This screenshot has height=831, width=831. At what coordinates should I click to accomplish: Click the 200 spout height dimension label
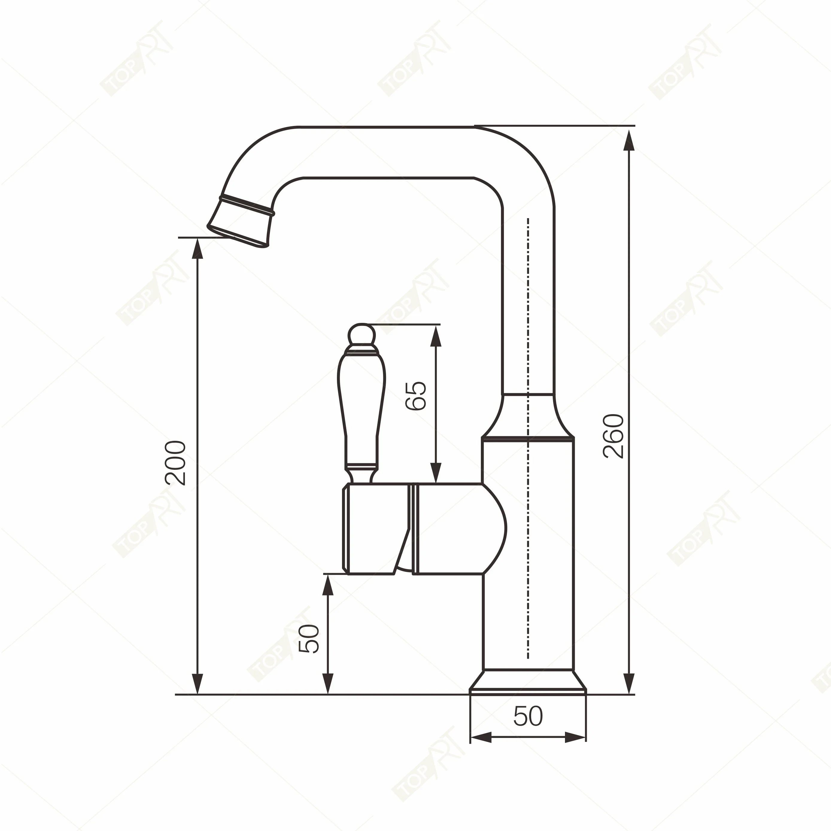(175, 463)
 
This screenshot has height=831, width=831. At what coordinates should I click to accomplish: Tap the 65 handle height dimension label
(416, 396)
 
